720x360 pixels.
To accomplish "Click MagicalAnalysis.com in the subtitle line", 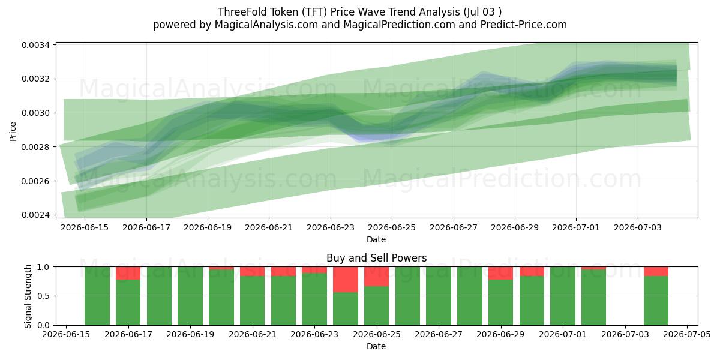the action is tap(266, 25).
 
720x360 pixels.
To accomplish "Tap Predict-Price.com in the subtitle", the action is tap(524, 25).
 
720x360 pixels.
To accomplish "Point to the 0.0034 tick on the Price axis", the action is tap(35, 45).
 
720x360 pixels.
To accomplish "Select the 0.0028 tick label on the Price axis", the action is tap(35, 147).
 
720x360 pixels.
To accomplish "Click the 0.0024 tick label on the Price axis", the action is tap(35, 215).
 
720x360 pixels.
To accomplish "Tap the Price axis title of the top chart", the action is tap(13, 131).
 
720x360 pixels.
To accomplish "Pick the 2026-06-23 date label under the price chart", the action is tap(331, 227).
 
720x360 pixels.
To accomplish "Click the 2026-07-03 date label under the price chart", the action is tap(638, 227).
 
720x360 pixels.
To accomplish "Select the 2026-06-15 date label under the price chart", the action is tap(85, 227).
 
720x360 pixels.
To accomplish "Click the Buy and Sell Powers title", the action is tap(376, 258).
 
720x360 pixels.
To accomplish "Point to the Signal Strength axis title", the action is tap(28, 296).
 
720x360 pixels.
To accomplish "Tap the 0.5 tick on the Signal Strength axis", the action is tap(43, 296).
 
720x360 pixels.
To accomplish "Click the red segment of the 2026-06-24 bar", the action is tap(346, 280).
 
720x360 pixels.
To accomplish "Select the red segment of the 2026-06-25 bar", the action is tap(376, 277).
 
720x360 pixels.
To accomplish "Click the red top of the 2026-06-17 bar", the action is tap(128, 273).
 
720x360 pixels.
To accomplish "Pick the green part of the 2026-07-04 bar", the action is tap(656, 301).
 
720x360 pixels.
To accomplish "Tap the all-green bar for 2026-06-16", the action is tap(97, 296).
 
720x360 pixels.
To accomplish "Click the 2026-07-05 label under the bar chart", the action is tap(687, 335).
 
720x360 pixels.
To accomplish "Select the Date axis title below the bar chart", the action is tap(376, 347).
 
